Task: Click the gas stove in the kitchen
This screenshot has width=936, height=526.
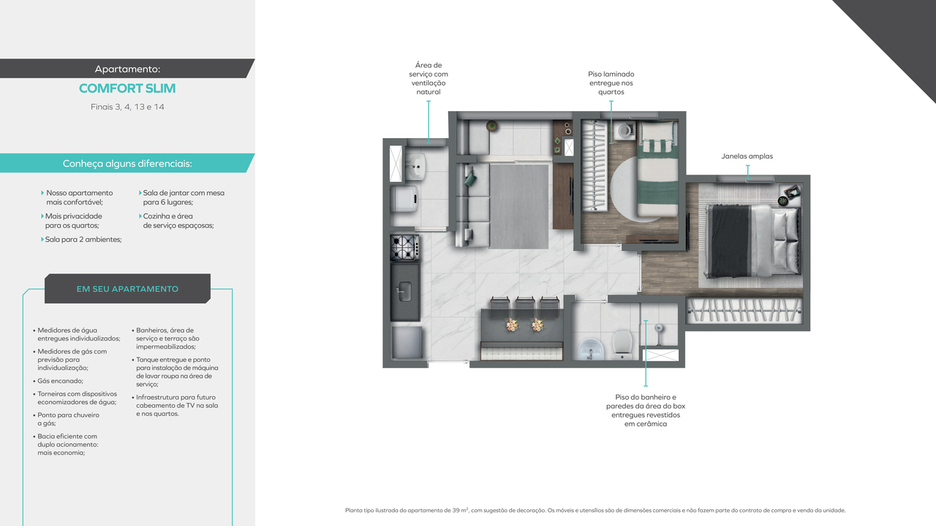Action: (x=404, y=248)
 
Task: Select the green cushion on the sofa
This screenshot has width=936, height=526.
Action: (x=469, y=175)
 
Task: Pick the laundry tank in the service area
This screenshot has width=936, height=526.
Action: (x=414, y=166)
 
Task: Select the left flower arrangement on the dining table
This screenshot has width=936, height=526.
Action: (x=512, y=324)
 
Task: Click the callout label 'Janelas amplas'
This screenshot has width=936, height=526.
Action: (x=747, y=156)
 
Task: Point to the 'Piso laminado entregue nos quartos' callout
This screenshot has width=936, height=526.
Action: (x=611, y=83)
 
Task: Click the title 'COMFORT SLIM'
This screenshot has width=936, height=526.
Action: (x=127, y=88)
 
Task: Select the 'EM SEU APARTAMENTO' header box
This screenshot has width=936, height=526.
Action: (x=127, y=289)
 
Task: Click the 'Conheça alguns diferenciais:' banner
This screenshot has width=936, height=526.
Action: (x=127, y=164)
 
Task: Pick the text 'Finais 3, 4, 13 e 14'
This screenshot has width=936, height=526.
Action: (x=127, y=107)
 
